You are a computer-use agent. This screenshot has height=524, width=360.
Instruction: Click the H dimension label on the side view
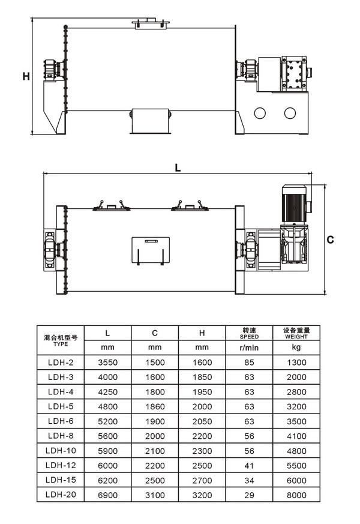(26, 76)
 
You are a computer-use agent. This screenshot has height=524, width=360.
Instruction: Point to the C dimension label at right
(330, 239)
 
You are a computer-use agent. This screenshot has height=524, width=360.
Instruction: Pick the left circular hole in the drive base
(260, 113)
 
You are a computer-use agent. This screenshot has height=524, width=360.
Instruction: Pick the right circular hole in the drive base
(290, 113)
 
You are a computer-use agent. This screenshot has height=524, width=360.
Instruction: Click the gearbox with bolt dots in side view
(293, 74)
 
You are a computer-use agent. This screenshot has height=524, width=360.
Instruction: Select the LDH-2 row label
(61, 362)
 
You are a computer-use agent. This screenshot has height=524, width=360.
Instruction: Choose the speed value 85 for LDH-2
(248, 362)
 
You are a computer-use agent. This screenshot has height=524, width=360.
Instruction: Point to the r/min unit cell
(248, 348)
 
